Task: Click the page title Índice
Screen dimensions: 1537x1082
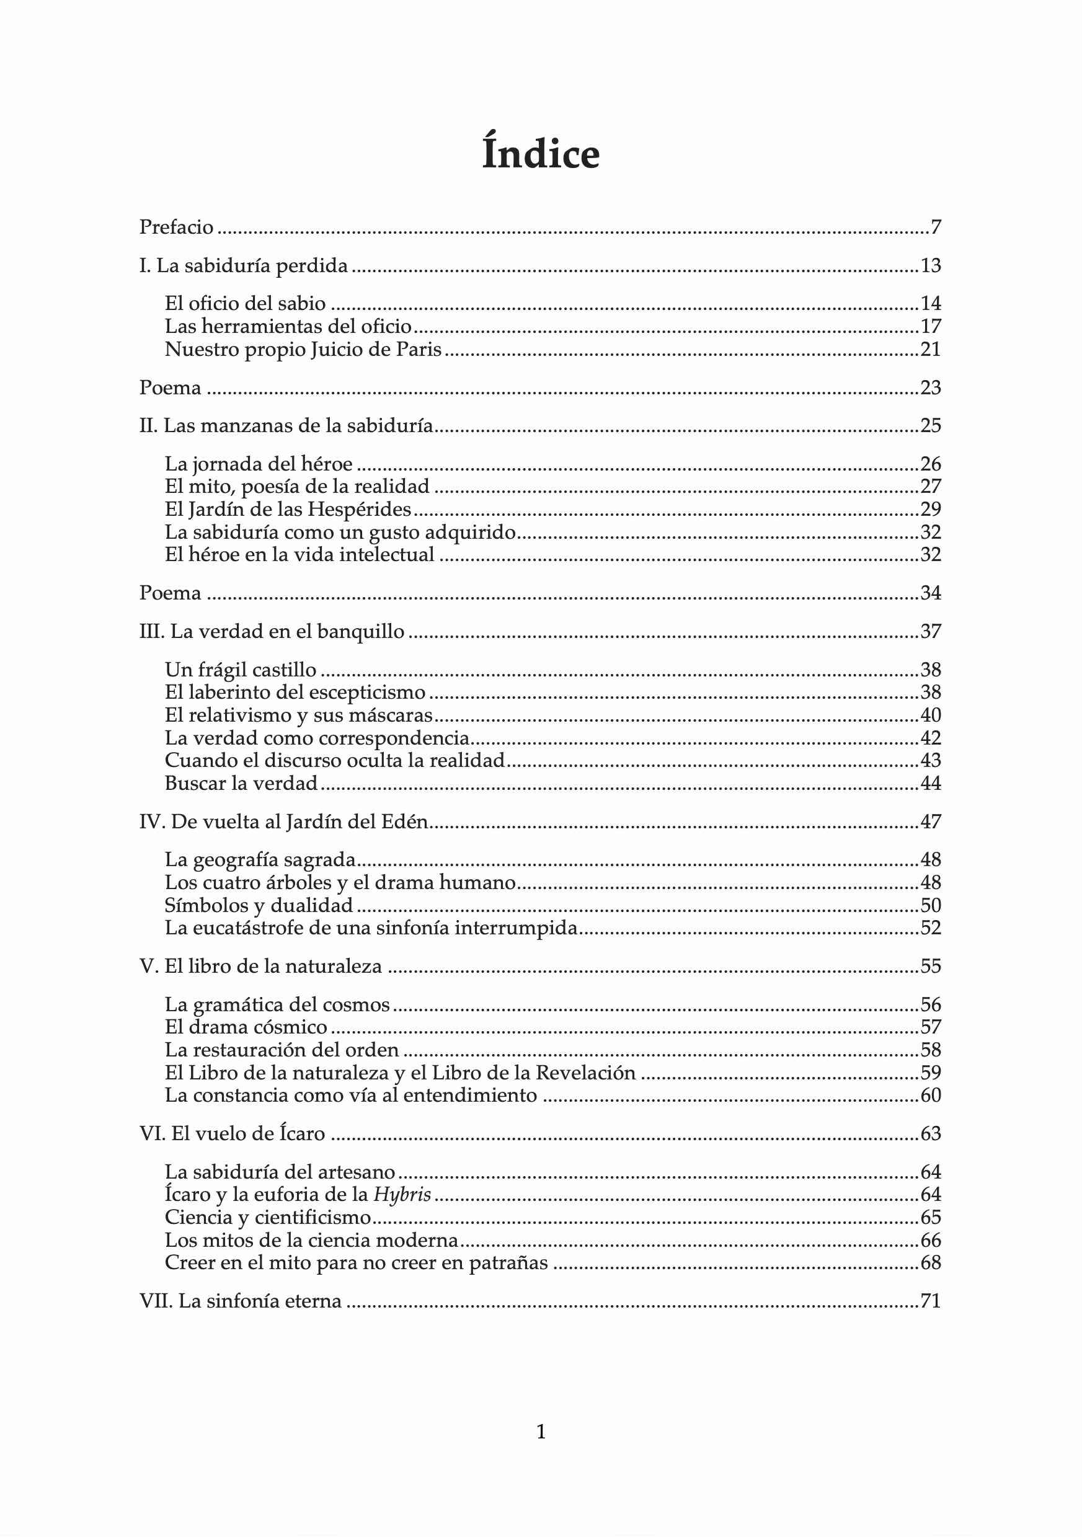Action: tap(540, 154)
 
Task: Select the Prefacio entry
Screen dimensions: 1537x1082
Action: tap(176, 228)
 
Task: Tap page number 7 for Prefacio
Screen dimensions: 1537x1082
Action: tap(936, 228)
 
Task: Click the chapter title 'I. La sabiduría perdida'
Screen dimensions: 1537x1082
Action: tap(244, 266)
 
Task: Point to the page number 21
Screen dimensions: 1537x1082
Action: tap(931, 349)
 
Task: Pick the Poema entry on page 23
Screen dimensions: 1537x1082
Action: tap(170, 388)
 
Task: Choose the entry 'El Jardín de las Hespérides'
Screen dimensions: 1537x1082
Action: tap(288, 510)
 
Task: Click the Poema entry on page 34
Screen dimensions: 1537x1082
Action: tap(170, 593)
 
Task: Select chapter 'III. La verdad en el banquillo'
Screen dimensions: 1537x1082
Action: tap(272, 631)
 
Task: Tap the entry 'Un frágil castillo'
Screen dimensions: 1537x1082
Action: tap(241, 670)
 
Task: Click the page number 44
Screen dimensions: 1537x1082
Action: tap(931, 782)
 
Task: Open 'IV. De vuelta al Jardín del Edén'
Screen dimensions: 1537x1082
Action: tap(283, 822)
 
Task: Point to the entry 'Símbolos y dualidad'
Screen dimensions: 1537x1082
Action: tap(259, 905)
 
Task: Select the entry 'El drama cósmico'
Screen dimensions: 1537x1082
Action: tap(246, 1027)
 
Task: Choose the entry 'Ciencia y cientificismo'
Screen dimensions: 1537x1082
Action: tap(268, 1217)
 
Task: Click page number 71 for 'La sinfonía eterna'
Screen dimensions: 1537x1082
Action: tap(931, 1301)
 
